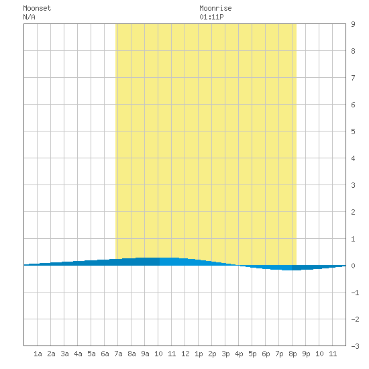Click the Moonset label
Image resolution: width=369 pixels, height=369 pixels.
click(x=37, y=8)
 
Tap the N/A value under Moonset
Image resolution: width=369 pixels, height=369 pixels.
click(x=29, y=17)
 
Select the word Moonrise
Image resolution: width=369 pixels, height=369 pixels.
click(x=215, y=8)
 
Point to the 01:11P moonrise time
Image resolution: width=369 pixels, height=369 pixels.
click(x=211, y=17)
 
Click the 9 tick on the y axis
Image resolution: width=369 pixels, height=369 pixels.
click(x=353, y=24)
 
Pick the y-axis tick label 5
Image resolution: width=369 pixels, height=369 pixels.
click(x=353, y=131)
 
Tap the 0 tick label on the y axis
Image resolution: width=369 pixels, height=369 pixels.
click(x=353, y=266)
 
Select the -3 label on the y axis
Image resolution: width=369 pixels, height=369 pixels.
click(x=355, y=346)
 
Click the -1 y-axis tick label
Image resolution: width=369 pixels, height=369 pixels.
click(x=355, y=293)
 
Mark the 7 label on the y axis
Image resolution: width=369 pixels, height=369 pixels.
click(x=353, y=78)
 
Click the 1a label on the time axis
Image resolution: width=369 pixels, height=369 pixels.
click(x=38, y=354)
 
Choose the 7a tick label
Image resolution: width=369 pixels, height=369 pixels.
click(x=118, y=354)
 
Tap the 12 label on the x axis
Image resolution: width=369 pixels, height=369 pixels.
click(x=185, y=354)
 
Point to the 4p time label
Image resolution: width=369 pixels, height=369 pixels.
click(x=239, y=354)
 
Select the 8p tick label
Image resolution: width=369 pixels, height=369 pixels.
click(x=293, y=354)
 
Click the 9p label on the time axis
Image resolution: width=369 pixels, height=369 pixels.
click(x=306, y=354)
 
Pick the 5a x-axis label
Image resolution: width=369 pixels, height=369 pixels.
click(x=91, y=354)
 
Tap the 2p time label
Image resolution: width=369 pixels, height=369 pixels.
click(x=212, y=354)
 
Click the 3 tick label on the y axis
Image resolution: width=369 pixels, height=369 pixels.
click(x=353, y=185)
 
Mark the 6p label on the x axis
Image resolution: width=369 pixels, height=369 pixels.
click(x=266, y=354)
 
